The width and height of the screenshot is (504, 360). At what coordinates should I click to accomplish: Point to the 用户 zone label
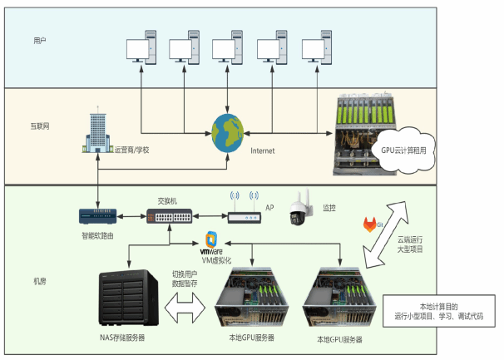[x=40, y=40]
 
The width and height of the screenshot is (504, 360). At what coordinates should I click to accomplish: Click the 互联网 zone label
[x=40, y=127]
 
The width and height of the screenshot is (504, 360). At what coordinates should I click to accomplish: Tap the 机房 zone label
[x=40, y=281]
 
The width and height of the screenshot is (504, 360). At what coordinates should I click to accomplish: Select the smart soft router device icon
[x=96, y=215]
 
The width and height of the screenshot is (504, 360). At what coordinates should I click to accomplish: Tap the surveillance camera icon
[x=299, y=211]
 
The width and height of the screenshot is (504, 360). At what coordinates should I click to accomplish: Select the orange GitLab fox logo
[x=370, y=224]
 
